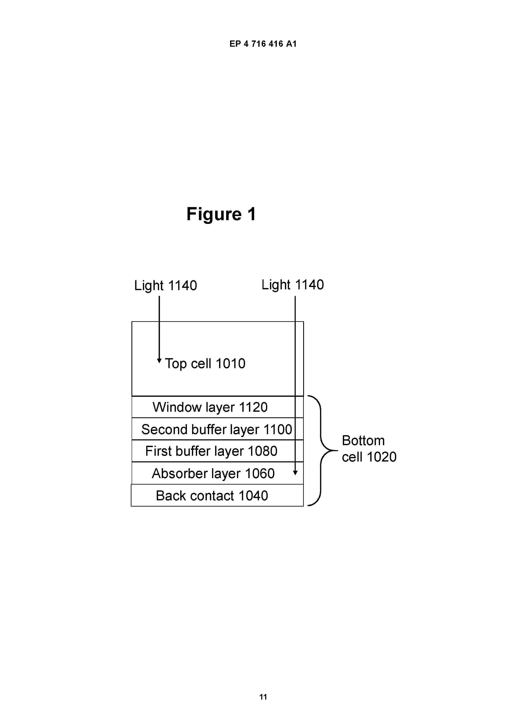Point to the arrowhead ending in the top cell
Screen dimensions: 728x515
click(159, 361)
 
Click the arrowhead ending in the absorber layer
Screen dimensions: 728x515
click(295, 473)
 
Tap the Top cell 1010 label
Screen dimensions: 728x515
click(205, 363)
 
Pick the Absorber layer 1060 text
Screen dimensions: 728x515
click(213, 473)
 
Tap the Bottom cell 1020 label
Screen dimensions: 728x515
click(369, 449)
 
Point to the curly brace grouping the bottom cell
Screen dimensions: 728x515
click(321, 451)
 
